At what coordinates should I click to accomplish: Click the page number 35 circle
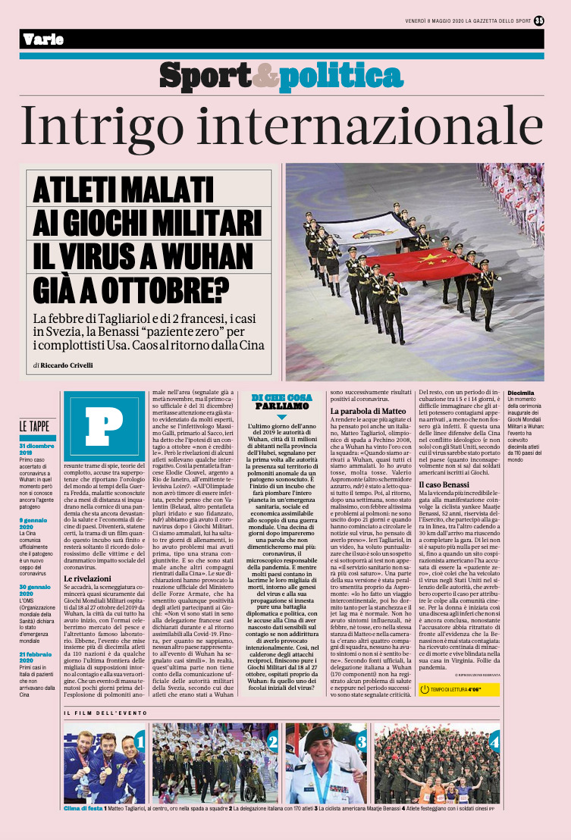click(x=539, y=20)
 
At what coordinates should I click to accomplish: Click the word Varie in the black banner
click(x=43, y=39)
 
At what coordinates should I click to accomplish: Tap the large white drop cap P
click(x=93, y=421)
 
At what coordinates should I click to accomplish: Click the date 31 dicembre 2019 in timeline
click(x=36, y=450)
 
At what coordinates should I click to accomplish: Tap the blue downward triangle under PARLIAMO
click(x=281, y=417)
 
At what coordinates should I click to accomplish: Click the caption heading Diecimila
click(x=521, y=393)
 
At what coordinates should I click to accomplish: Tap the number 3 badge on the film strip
click(x=362, y=741)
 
